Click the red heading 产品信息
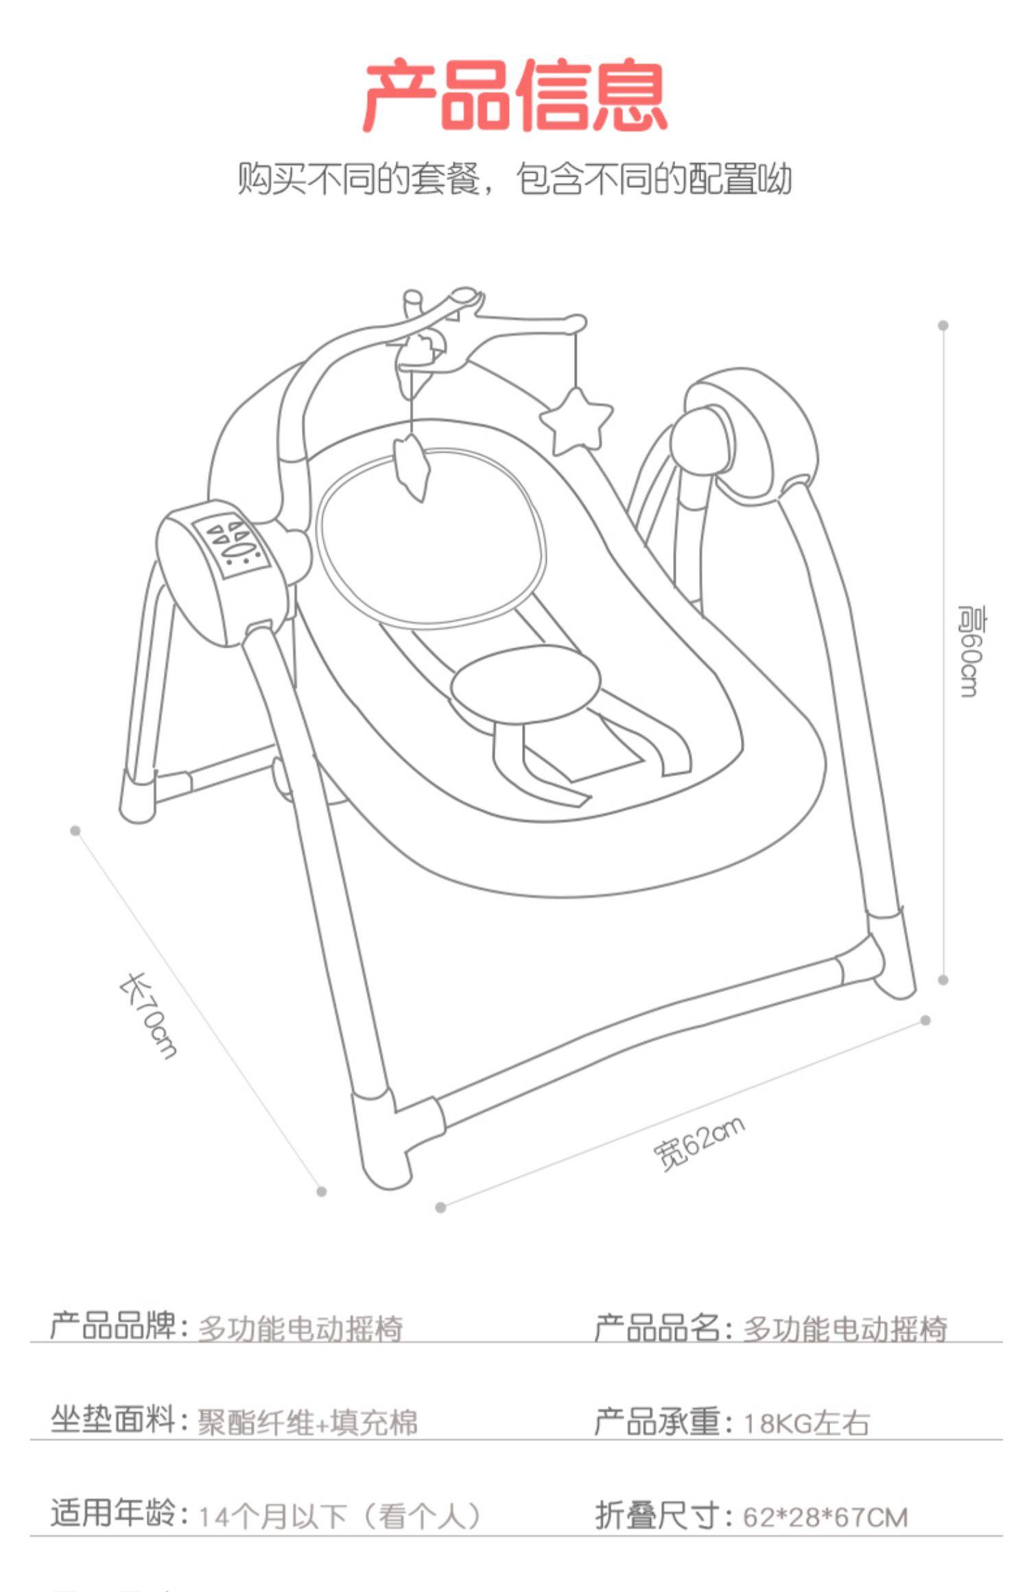[514, 96]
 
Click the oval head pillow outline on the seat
[432, 538]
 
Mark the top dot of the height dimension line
[943, 326]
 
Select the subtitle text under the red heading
[514, 179]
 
